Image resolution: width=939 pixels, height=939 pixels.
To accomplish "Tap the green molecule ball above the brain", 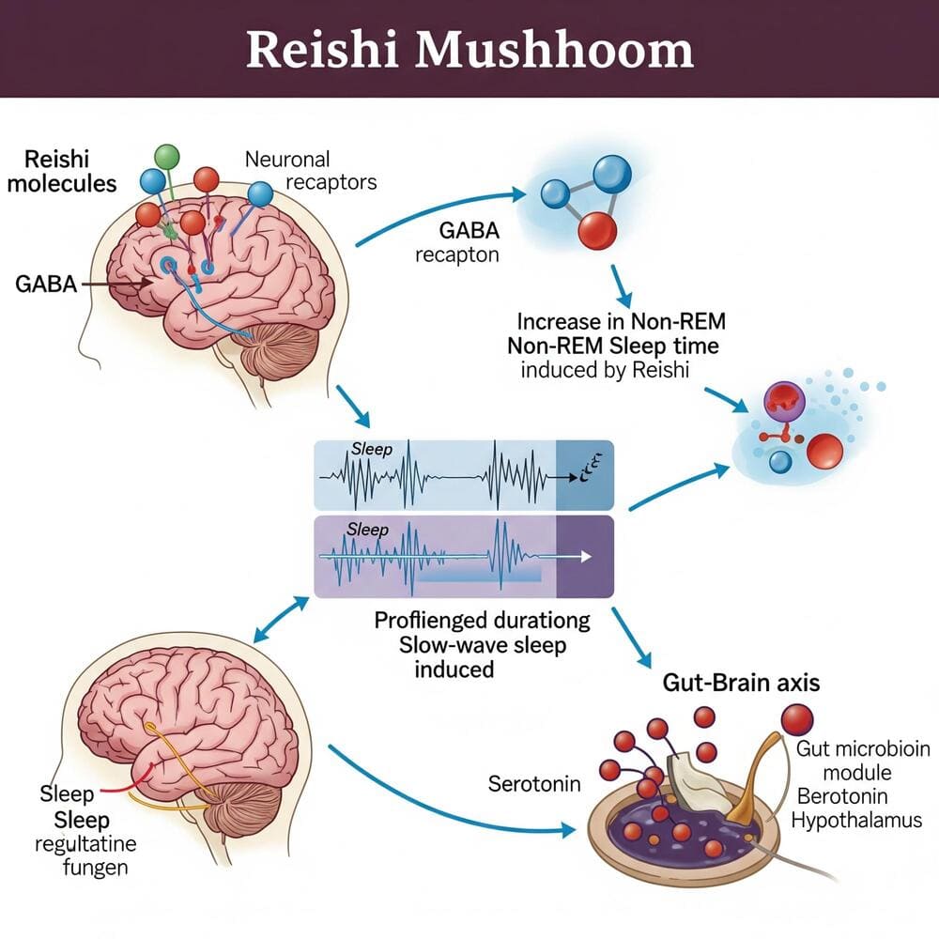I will [165, 157].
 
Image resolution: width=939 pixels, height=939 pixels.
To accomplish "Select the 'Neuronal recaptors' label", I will [310, 170].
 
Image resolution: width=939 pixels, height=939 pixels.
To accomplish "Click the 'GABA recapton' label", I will [454, 242].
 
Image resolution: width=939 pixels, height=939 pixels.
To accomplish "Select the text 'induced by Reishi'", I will [605, 370].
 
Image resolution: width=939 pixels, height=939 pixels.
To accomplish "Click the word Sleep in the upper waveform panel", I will [371, 450].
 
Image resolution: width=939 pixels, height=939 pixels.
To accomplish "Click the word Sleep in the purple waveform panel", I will [367, 530].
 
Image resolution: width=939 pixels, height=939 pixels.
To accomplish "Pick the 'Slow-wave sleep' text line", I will [483, 645].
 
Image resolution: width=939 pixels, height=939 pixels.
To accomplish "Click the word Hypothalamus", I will [856, 821].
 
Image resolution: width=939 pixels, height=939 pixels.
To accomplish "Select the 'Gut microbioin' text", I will [862, 749].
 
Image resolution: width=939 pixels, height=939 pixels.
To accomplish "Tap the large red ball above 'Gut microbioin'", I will [796, 719].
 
